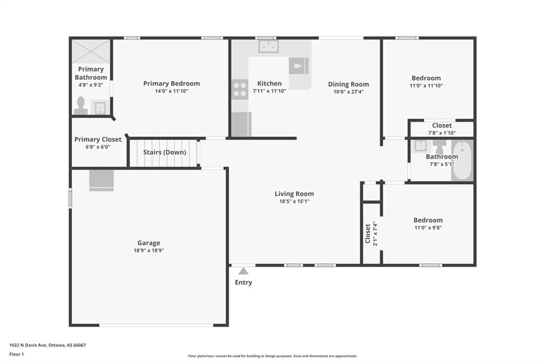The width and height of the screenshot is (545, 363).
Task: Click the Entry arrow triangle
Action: [244, 271]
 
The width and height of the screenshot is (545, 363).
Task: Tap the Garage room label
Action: [149, 243]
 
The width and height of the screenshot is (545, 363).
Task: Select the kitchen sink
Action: [268, 47]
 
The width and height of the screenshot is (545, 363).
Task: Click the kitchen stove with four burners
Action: [240, 89]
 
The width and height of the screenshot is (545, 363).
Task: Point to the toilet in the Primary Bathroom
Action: [81, 106]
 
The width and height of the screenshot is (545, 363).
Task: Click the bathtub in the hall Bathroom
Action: [463, 160]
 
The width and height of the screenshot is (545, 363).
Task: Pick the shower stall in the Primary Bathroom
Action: [91, 52]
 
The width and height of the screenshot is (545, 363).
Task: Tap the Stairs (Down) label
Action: [165, 152]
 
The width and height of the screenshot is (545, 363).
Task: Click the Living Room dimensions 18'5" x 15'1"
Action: [294, 201]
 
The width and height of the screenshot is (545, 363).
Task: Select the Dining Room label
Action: [349, 84]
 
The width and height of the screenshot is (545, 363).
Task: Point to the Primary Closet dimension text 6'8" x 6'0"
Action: [98, 147]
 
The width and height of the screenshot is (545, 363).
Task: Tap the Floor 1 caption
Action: [16, 354]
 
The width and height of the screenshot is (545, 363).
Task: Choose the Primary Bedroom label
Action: [172, 84]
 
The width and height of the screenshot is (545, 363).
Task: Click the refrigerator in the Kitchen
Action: [241, 124]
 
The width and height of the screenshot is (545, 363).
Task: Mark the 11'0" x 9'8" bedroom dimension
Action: [428, 228]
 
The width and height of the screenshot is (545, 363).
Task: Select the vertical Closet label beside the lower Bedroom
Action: [368, 233]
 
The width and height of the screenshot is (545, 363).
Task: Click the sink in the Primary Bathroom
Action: [100, 108]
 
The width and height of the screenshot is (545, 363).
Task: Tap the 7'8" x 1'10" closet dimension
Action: [442, 133]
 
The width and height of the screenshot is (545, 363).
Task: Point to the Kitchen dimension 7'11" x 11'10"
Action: [269, 91]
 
